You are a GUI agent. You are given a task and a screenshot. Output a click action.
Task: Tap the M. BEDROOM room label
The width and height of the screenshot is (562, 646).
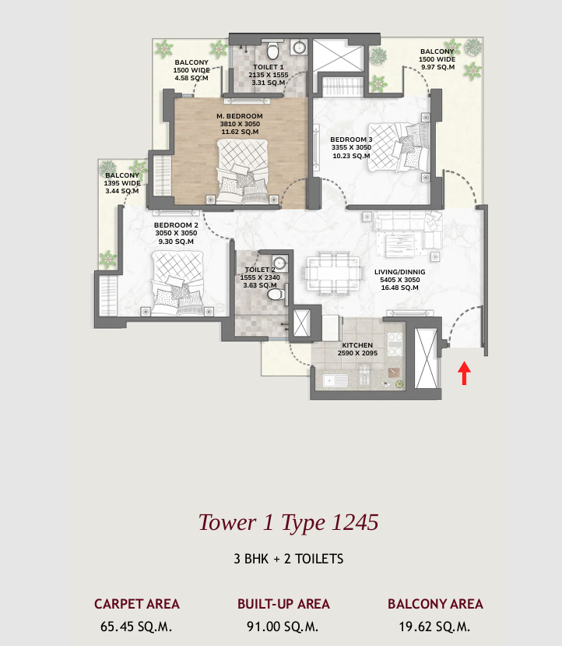[x=239, y=124]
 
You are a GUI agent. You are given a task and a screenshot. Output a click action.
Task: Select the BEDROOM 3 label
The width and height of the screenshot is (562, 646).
[x=351, y=147]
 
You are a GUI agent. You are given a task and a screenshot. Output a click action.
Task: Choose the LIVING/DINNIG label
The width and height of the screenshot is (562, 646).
[x=397, y=279]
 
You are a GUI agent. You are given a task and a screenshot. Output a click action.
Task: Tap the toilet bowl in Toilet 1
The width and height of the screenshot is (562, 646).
[x=272, y=52]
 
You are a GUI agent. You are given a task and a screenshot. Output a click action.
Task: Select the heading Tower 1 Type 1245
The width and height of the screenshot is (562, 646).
[x=288, y=522]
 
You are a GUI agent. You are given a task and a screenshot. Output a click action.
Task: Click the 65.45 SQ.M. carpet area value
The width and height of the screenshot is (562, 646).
[x=136, y=626]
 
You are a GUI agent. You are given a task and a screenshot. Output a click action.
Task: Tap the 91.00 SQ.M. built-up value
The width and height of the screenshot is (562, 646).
[x=283, y=626]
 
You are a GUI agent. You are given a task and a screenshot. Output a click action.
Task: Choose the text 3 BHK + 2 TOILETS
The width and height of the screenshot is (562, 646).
[x=288, y=559]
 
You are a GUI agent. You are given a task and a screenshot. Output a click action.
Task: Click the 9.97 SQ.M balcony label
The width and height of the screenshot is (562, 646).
[x=437, y=68]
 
